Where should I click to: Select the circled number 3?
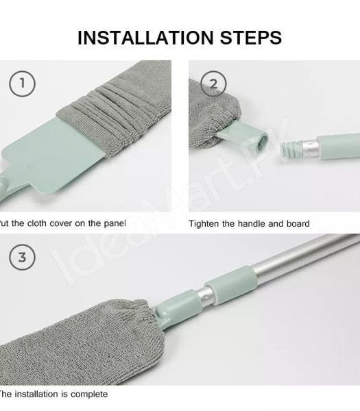pos(23,258)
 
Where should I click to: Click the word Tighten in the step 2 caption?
pos(205,223)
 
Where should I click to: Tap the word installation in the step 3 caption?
pos(39,395)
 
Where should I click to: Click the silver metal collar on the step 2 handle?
pos(309,145)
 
